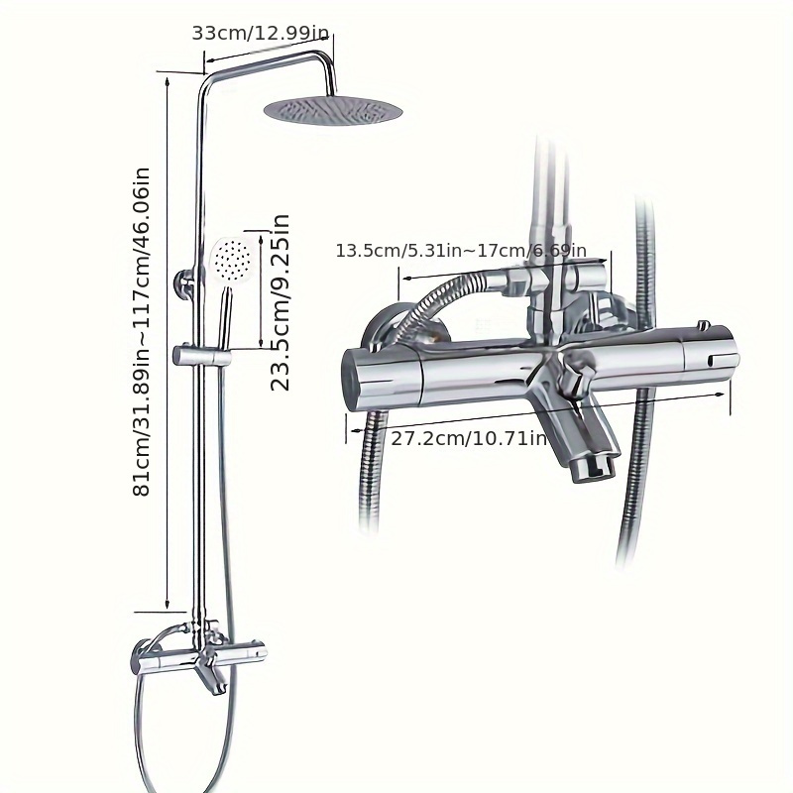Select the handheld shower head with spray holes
coord(231,261)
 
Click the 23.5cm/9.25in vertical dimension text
coord(281,301)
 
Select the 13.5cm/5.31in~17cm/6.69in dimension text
coord(461,251)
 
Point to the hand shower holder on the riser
coord(201,354)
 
